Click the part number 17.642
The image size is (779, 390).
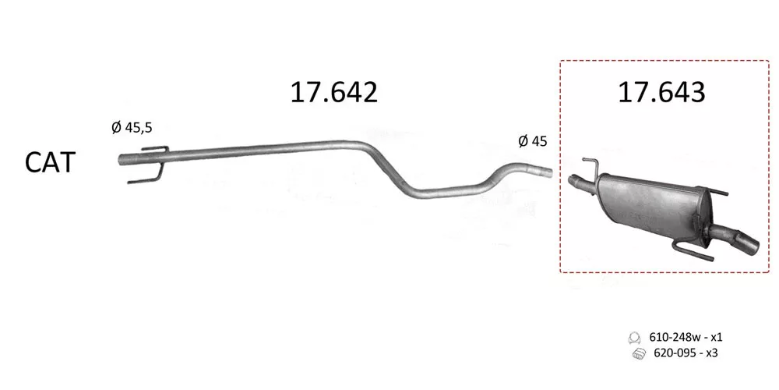tap(334, 93)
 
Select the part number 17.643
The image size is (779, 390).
tap(661, 93)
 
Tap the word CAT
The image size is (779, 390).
tap(50, 163)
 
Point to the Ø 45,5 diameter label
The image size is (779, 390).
tap(132, 128)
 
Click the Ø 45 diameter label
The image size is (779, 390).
tap(533, 142)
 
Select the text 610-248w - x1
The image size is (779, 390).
tap(686, 337)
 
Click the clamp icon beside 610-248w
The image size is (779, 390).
tap(634, 338)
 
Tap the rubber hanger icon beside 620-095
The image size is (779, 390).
tap(639, 354)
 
